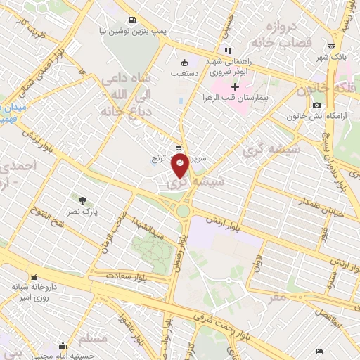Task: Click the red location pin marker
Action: point(181,166)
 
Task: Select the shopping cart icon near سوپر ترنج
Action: point(179,148)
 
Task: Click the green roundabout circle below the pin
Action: point(184,210)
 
